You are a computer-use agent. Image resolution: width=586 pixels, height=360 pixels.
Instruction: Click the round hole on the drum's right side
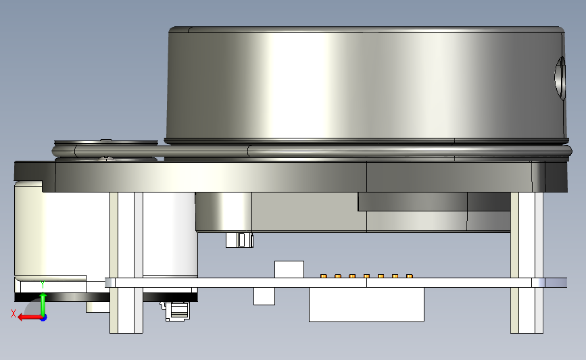pyautogui.click(x=560, y=78)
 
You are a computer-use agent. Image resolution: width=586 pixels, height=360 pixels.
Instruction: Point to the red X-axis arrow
pyautogui.click(x=29, y=317)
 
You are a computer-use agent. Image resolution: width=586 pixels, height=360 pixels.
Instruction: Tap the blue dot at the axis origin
pyautogui.click(x=44, y=318)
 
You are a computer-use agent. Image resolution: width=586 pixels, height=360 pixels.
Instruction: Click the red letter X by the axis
pyautogui.click(x=14, y=313)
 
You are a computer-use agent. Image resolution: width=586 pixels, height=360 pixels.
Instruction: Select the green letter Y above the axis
pyautogui.click(x=43, y=285)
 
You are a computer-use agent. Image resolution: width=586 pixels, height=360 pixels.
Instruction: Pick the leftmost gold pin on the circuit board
pyautogui.click(x=324, y=276)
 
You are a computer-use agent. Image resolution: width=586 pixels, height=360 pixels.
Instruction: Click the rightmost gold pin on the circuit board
pyautogui.click(x=409, y=276)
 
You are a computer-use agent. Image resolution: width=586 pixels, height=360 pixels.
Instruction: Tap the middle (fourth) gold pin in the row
pyautogui.click(x=366, y=276)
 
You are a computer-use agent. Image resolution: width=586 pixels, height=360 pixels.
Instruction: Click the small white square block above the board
pyautogui.click(x=289, y=269)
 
